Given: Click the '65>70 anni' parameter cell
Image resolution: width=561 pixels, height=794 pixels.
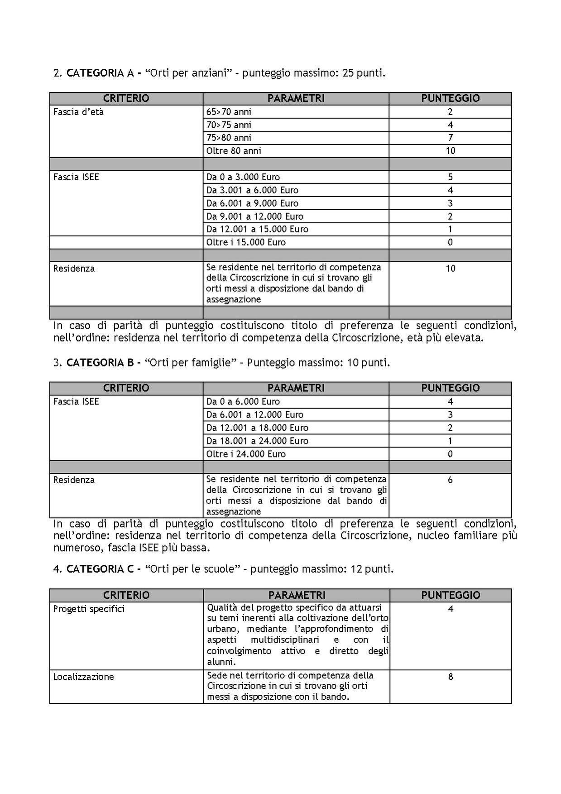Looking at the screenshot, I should coord(229,112).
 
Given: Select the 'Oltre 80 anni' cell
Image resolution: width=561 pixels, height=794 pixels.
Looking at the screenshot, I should coord(234,151).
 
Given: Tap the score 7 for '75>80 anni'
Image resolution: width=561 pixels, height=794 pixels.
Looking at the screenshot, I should coord(450,138).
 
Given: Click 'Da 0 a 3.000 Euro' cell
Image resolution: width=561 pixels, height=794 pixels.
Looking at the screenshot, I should coord(243,177).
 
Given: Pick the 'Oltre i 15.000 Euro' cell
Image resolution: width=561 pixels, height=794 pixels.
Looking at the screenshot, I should coord(246,242).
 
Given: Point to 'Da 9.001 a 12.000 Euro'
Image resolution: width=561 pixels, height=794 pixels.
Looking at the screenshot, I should coord(255,217).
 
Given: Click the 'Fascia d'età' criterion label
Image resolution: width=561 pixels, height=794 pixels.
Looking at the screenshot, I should coord(78,112).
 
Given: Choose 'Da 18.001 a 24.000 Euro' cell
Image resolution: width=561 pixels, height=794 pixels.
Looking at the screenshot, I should coord(257,441).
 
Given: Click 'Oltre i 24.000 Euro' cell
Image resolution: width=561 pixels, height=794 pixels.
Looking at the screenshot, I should coord(246,454).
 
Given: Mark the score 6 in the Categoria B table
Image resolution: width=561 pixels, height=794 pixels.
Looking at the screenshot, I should coord(450,480).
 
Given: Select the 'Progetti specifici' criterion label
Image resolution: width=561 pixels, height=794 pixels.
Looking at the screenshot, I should coord(89,609).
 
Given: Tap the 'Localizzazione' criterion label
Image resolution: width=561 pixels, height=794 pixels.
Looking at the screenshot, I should coord(83,677).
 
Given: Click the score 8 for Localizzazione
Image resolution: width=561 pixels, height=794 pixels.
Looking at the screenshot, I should coord(451,677).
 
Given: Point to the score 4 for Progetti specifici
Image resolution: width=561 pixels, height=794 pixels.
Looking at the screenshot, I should coord(451,609).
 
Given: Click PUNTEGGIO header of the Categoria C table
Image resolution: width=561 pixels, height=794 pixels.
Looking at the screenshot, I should coord(451,595).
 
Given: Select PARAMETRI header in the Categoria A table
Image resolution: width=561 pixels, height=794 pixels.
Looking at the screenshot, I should coord(296,98).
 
